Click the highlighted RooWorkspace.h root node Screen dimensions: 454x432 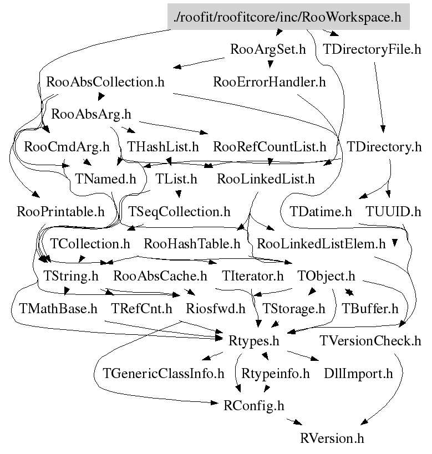click(287, 17)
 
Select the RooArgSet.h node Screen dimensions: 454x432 click(268, 49)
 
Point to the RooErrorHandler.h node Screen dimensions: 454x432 click(269, 83)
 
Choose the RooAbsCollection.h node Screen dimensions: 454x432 click(105, 83)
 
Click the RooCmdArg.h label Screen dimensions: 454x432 click(67, 147)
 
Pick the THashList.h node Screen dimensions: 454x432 click(162, 147)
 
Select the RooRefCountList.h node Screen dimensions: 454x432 click(270, 147)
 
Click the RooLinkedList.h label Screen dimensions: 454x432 click(266, 179)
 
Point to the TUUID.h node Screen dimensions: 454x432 click(394, 211)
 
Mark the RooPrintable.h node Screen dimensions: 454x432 click(60, 211)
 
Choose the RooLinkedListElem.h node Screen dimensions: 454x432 click(322, 243)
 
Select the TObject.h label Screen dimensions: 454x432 click(326, 276)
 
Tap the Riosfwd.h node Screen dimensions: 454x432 click(216, 308)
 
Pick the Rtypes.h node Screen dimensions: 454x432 click(253, 340)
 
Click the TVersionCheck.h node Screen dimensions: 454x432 click(370, 340)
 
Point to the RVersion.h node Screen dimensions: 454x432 click(332, 438)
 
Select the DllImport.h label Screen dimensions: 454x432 click(358, 373)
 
